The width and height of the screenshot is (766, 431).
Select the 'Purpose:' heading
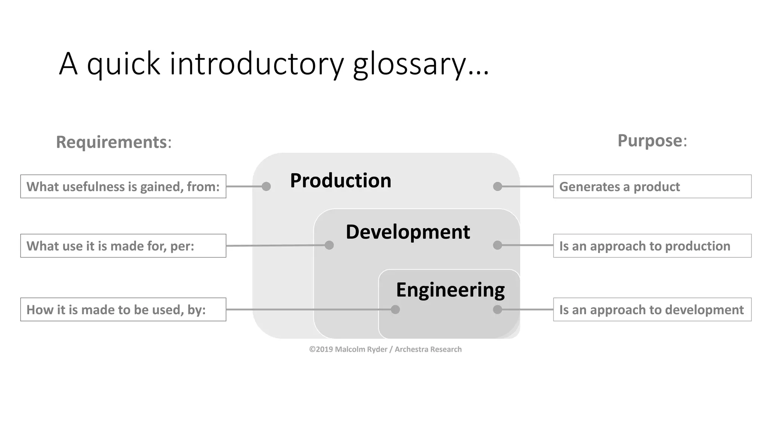pos(652,141)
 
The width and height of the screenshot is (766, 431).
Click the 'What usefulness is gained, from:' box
pos(123,186)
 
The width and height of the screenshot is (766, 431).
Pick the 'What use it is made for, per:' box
pos(123,246)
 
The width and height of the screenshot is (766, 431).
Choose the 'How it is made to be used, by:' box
pos(123,309)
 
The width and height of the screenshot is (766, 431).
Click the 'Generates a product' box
pos(652,186)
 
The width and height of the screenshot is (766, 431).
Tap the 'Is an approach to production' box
pos(652,246)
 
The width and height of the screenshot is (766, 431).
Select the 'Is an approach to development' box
pos(652,309)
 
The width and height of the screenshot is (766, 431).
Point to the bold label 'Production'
pos(340,180)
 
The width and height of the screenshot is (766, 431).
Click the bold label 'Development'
pos(408,232)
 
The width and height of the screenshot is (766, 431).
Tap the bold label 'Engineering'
pos(450,290)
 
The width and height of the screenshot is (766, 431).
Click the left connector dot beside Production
pos(266,186)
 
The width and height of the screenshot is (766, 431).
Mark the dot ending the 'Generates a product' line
pos(497,186)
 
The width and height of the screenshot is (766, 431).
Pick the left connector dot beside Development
pos(329,245)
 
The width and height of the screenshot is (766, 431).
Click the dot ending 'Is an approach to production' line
pos(497,245)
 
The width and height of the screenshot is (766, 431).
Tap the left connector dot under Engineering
pos(395,309)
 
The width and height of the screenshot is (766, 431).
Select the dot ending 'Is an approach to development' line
pos(497,309)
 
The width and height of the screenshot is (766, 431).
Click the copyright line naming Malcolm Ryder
pos(385,349)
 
